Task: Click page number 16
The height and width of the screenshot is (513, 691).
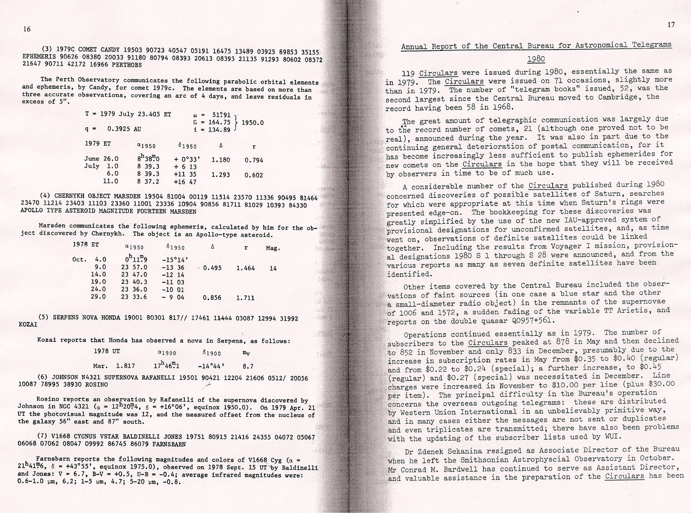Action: coord(27,29)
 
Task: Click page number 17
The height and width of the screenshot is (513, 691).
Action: coord(671,25)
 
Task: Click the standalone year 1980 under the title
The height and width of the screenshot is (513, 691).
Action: coord(536,59)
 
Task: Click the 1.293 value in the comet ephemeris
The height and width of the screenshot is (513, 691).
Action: coord(221,175)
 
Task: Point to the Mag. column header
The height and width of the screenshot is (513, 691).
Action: coord(273,248)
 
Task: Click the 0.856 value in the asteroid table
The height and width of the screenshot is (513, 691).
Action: coord(212,298)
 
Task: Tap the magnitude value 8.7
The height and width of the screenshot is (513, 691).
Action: coord(248,366)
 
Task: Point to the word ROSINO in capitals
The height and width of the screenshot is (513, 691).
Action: coord(96,385)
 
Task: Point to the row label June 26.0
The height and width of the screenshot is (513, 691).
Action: coord(101,159)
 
